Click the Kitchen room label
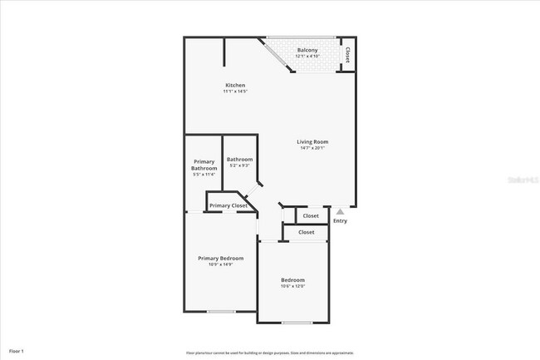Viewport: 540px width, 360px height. tap(235, 86)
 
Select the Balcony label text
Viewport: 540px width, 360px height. tap(307, 50)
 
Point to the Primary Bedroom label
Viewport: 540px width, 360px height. tap(220, 259)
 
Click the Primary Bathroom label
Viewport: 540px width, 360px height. tap(204, 165)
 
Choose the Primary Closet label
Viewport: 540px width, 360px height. tap(228, 205)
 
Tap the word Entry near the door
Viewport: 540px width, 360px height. tap(340, 221)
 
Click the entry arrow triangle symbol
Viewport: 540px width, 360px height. tap(339, 212)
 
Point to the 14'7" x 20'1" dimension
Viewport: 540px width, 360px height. tap(313, 149)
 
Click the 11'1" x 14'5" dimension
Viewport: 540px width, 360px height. tap(235, 91)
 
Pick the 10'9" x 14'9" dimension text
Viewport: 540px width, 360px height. tap(220, 265)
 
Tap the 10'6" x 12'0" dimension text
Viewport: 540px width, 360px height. tap(292, 287)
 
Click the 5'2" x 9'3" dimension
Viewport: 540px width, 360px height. tap(240, 165)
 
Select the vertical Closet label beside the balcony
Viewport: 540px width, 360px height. tap(347, 55)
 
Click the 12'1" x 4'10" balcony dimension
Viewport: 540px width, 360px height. tap(307, 57)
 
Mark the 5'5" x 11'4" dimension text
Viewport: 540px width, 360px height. tap(204, 175)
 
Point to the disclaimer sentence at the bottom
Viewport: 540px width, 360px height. tap(269, 353)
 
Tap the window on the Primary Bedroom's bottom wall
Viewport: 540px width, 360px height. tap(220, 312)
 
